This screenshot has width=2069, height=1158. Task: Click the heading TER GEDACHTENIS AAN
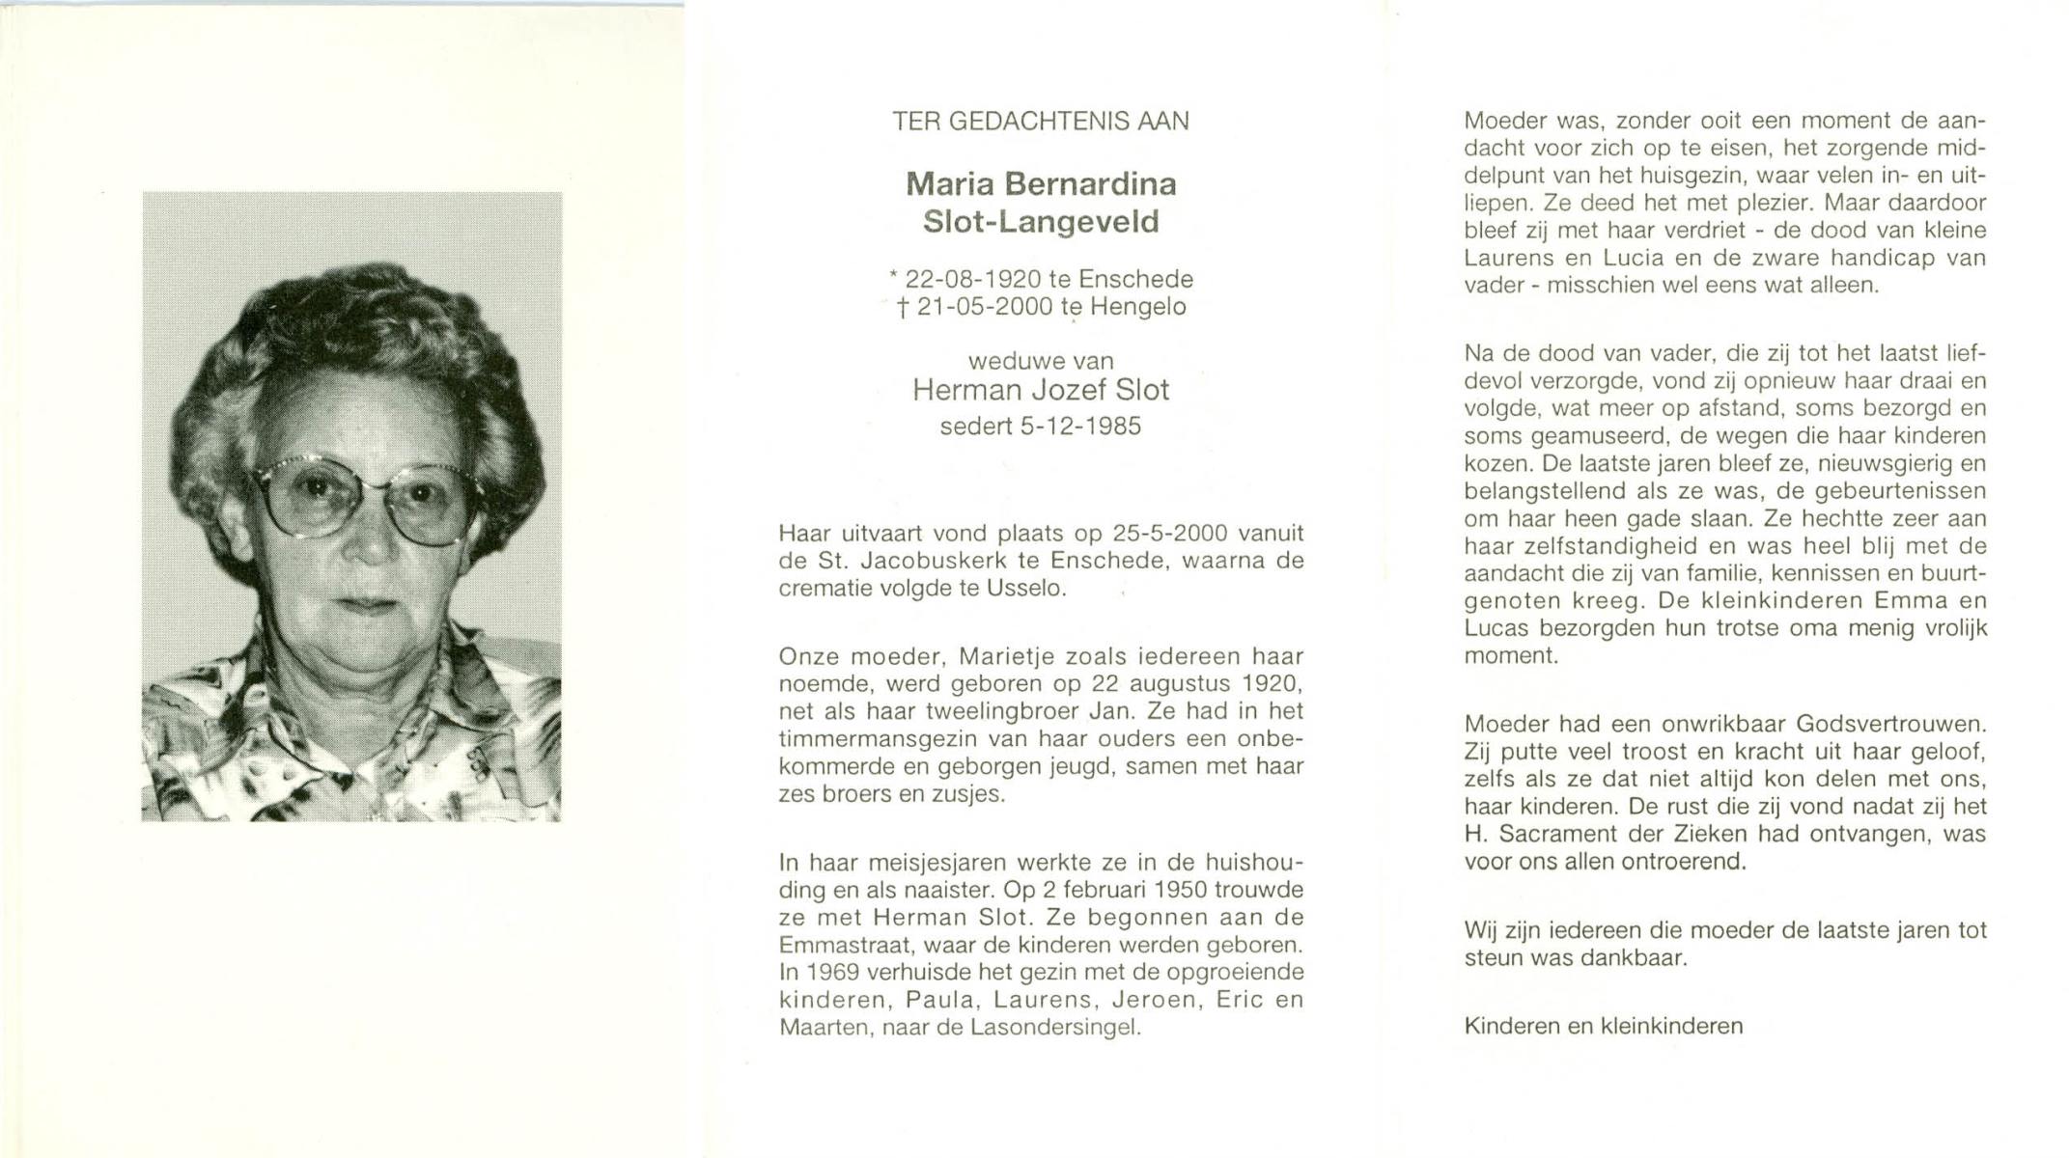(x=1040, y=122)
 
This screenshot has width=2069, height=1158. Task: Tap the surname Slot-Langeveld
(x=1040, y=222)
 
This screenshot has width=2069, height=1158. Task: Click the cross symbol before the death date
(x=902, y=308)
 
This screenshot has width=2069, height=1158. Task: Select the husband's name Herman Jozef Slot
(x=1040, y=390)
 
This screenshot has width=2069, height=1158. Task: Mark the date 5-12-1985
(x=1080, y=427)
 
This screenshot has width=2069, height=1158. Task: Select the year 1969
(x=826, y=972)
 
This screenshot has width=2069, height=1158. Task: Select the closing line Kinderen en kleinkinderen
(x=1603, y=1026)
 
